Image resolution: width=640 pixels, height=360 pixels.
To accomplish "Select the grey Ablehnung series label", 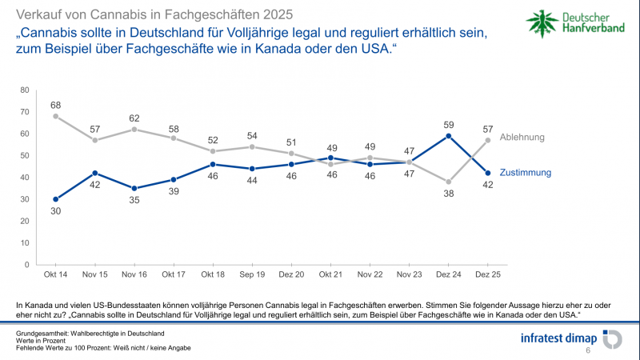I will click(522, 137).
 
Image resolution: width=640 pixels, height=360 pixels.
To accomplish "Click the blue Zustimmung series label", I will click(525, 172).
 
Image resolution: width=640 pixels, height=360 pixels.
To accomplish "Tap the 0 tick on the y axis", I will click(27, 264).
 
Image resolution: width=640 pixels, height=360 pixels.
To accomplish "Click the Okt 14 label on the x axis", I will click(55, 275).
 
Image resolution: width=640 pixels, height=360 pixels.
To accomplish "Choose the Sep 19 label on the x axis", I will click(252, 275).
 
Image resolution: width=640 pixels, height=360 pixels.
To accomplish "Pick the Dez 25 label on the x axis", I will click(487, 275).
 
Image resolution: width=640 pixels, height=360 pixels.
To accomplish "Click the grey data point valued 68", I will click(55, 116).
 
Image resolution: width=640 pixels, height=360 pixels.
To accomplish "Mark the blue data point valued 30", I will click(55, 199).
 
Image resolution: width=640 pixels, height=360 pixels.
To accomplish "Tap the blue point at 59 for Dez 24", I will click(448, 136).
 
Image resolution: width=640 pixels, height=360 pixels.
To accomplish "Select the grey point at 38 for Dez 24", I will click(448, 182).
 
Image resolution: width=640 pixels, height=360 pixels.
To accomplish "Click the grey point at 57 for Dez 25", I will click(487, 140).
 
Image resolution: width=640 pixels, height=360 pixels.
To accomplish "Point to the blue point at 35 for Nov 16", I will click(134, 188).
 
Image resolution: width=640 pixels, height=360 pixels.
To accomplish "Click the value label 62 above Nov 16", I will click(134, 118).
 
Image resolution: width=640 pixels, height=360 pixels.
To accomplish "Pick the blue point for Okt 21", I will click(330, 158).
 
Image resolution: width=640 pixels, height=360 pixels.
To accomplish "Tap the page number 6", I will click(588, 350).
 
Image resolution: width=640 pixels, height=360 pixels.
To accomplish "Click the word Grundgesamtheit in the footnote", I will click(44, 332).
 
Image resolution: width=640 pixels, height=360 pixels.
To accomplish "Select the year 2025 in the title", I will click(272, 15).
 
